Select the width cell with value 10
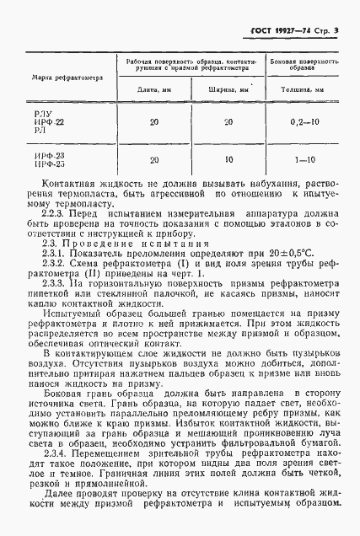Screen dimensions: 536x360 pyautogui.click(x=228, y=159)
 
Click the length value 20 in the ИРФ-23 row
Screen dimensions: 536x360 pyautogui.click(x=153, y=159)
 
